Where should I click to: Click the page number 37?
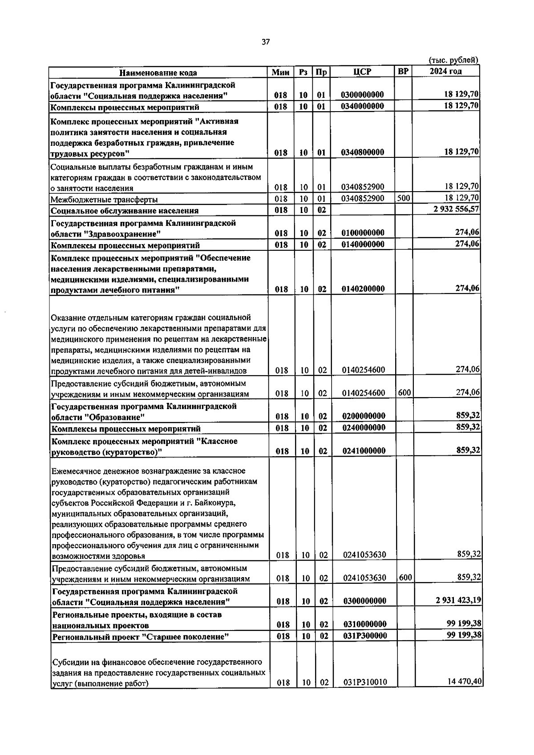[266, 42]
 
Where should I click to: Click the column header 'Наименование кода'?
[158, 72]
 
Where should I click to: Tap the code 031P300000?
[364, 636]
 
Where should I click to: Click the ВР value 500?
[404, 198]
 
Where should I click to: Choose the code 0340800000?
[363, 152]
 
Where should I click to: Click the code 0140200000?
[363, 289]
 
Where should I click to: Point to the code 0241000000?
[364, 451]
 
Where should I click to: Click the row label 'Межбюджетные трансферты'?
[104, 200]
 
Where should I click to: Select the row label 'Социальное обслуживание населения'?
[125, 211]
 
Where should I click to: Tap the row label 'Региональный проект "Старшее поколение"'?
[141, 637]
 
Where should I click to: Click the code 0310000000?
[364, 624]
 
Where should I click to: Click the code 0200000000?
[364, 416]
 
